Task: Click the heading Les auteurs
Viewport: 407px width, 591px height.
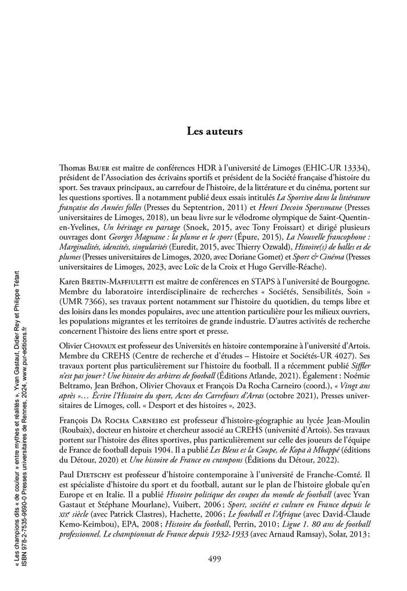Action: pyautogui.click(x=214, y=131)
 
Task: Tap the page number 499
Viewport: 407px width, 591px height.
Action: pyautogui.click(x=214, y=559)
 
